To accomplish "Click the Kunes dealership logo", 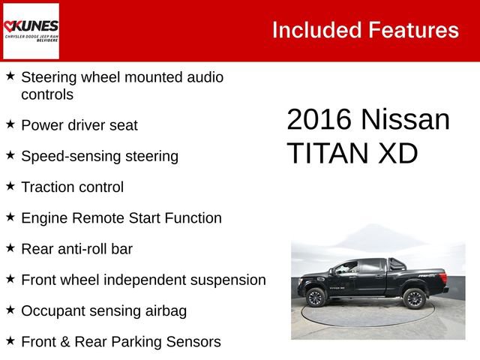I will (31, 31).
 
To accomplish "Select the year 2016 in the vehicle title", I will (319, 120).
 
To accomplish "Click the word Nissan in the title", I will (404, 120).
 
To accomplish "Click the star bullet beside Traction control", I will (10, 186).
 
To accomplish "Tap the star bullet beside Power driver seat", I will (10, 124).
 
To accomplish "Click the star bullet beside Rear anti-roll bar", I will (10, 248).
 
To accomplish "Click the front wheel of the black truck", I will (316, 298).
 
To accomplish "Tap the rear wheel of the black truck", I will (413, 297).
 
